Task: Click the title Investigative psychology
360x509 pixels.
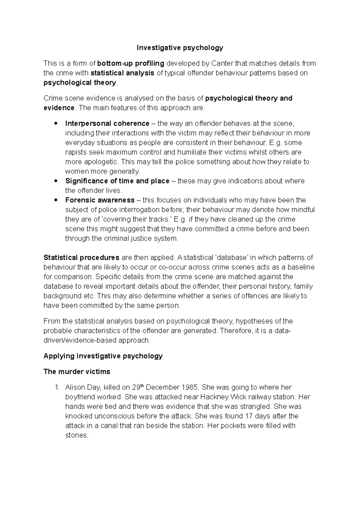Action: [x=180, y=48]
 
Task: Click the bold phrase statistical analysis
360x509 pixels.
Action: [x=122, y=73]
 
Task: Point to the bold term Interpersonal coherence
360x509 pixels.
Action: [x=107, y=124]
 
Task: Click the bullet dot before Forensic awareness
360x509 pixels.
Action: [x=55, y=200]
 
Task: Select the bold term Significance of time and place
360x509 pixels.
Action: [x=117, y=181]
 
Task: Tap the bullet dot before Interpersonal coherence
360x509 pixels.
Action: [x=55, y=124]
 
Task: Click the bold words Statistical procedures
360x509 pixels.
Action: [x=81, y=257]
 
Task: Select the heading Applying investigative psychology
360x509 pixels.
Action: [x=103, y=356]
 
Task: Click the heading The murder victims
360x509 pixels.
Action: [x=77, y=372]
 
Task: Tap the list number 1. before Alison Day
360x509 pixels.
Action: [x=57, y=387]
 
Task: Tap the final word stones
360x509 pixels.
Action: [x=76, y=435]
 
